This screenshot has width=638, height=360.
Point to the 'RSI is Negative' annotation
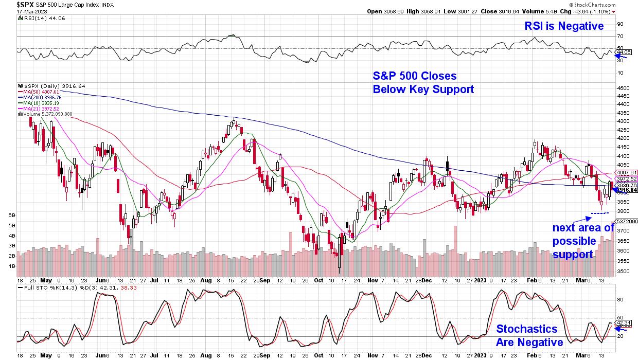point(564,26)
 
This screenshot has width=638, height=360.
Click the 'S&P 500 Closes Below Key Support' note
point(423,83)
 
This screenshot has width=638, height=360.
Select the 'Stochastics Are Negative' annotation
point(526,335)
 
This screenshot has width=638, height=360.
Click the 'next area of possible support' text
point(583,241)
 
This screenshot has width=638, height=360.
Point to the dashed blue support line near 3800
point(599,213)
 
